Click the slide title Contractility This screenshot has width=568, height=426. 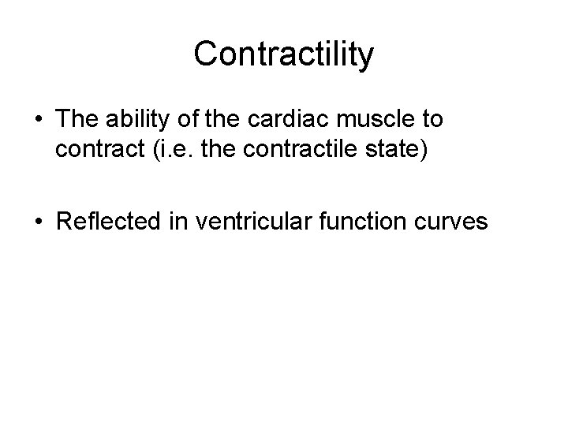[x=284, y=54]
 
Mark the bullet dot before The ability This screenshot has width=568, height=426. [x=39, y=121]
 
